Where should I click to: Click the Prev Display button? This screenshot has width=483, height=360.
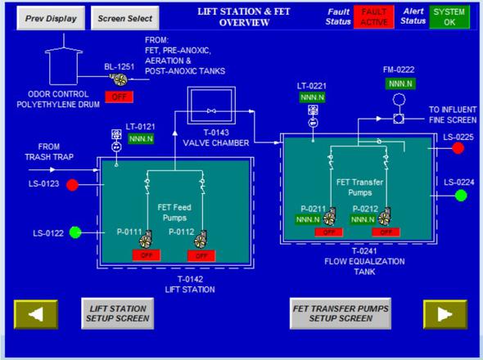[x=51, y=18]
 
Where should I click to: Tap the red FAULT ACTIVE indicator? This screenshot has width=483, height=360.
[x=374, y=17]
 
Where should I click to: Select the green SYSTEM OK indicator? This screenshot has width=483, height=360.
[x=449, y=17]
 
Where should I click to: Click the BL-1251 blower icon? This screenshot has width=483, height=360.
[x=119, y=79]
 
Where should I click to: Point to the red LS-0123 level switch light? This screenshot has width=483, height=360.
[x=72, y=185]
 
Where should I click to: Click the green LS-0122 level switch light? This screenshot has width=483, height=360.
[x=75, y=232]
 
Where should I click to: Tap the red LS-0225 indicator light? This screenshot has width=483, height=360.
[x=458, y=148]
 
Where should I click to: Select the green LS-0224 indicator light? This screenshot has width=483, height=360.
[x=461, y=196]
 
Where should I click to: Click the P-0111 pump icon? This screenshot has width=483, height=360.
[x=146, y=239]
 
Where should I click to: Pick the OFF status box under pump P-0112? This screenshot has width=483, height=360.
[x=201, y=255]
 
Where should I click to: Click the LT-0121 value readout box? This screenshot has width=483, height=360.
[x=141, y=139]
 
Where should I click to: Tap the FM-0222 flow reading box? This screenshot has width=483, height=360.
[x=400, y=83]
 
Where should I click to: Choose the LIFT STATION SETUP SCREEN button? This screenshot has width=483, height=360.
[x=118, y=313]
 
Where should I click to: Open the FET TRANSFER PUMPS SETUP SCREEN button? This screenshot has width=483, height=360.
[x=341, y=313]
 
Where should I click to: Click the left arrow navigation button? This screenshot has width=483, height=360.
[x=36, y=314]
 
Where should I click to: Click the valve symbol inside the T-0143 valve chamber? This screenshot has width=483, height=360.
[x=211, y=111]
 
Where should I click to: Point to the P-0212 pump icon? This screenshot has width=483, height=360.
[x=385, y=217]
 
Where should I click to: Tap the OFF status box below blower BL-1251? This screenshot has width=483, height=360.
[x=119, y=97]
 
